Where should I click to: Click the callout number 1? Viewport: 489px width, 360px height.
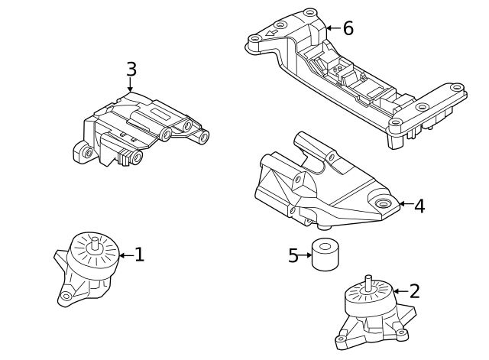pyautogui.click(x=139, y=255)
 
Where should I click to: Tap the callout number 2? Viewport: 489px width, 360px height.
pyautogui.click(x=415, y=291)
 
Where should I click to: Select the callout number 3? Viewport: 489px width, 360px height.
pyautogui.click(x=131, y=70)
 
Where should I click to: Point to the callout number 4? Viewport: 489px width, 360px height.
pyautogui.click(x=419, y=206)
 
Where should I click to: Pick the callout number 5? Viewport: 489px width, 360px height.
pyautogui.click(x=293, y=256)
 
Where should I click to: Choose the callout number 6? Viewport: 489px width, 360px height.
pyautogui.click(x=348, y=28)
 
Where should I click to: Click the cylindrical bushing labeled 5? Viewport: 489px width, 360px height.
pyautogui.click(x=325, y=255)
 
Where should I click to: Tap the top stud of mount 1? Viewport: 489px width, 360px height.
pyautogui.click(x=95, y=243)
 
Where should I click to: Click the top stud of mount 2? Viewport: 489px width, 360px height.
pyautogui.click(x=369, y=281)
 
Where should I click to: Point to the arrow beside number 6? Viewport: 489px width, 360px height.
pyautogui.click(x=332, y=28)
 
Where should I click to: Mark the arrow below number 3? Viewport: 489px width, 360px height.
pyautogui.click(x=131, y=86)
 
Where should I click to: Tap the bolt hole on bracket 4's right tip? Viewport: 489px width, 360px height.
pyautogui.click(x=384, y=203)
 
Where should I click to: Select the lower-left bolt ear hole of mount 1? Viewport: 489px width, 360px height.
pyautogui.click(x=66, y=296)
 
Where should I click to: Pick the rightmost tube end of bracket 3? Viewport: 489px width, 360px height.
pyautogui.click(x=203, y=138)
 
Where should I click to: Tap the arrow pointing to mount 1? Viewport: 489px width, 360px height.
pyautogui.click(x=125, y=255)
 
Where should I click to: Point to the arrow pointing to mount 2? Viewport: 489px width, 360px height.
pyautogui.click(x=400, y=291)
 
